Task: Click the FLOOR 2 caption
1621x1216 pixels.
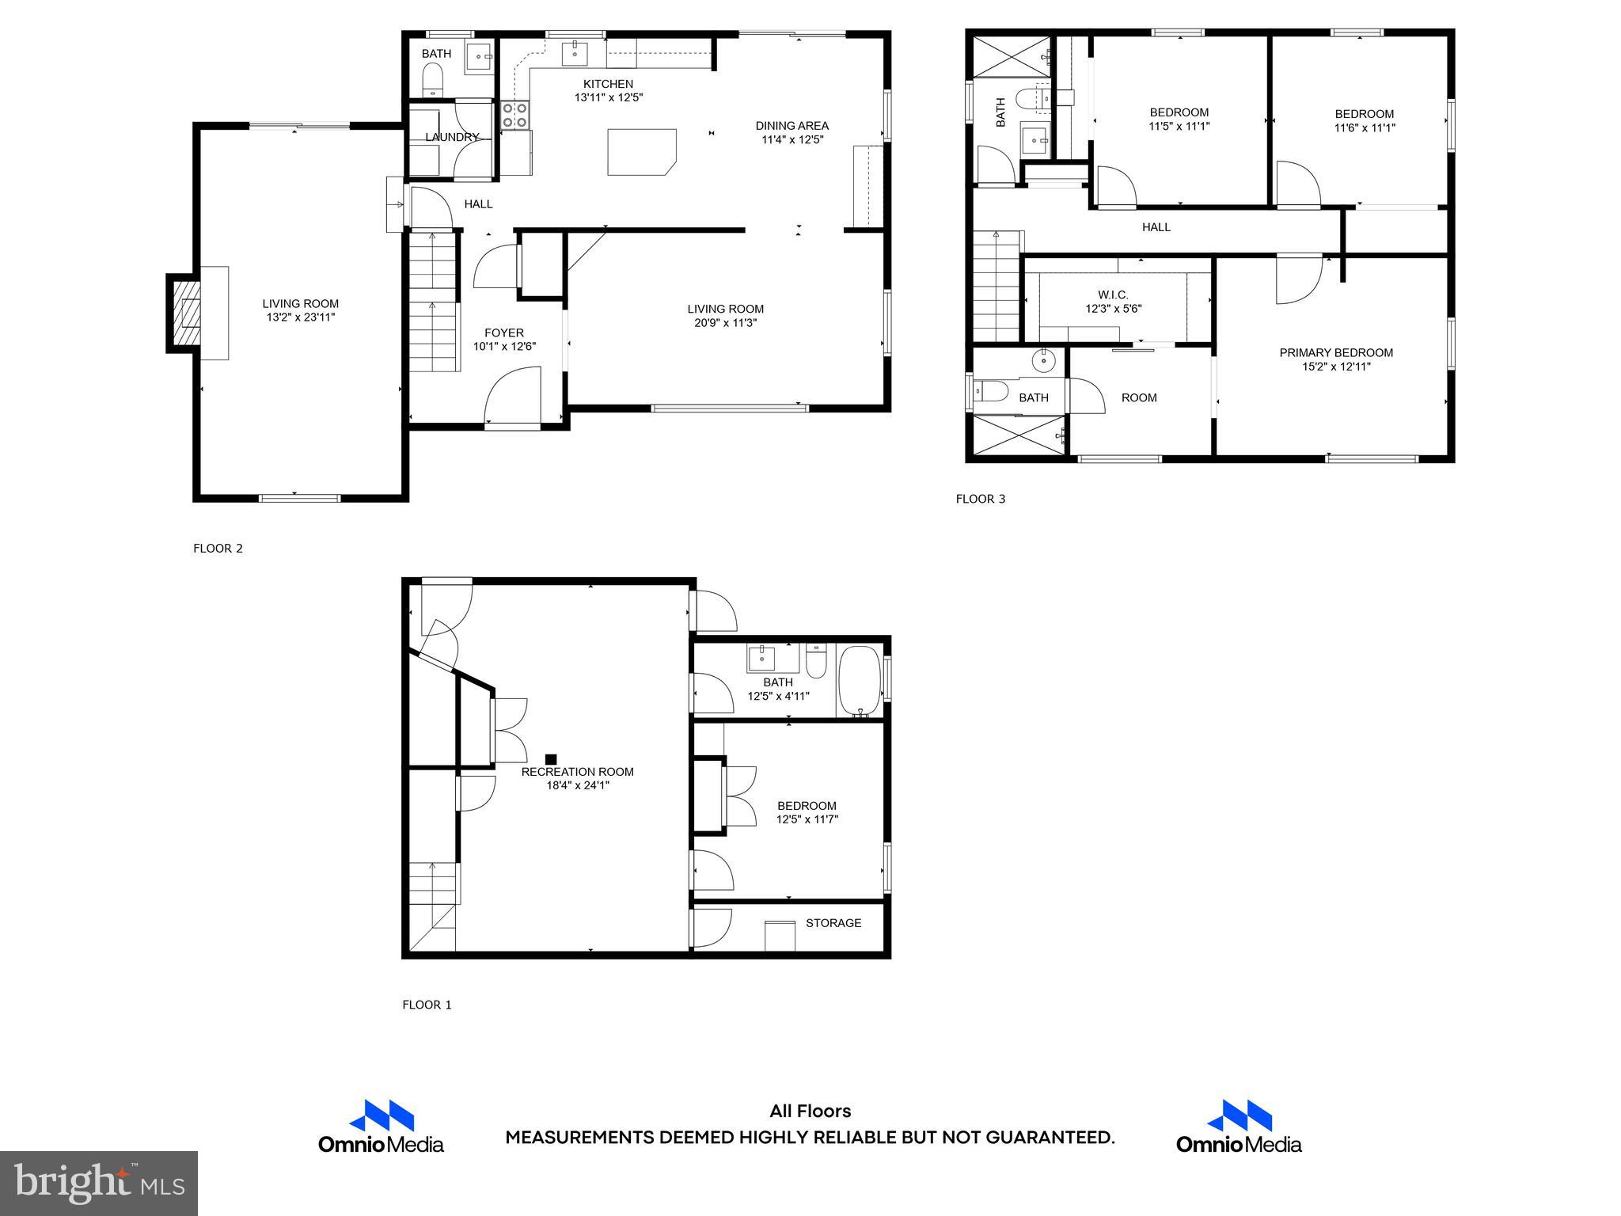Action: pyautogui.click(x=218, y=548)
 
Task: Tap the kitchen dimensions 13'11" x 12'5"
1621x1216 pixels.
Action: pyautogui.click(x=608, y=97)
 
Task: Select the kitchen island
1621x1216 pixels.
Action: pyautogui.click(x=641, y=151)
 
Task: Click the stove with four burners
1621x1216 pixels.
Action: pyautogui.click(x=514, y=115)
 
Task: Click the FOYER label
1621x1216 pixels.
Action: pyautogui.click(x=504, y=332)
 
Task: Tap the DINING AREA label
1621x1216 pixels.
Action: pyautogui.click(x=792, y=125)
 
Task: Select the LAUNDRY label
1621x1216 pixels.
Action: pyautogui.click(x=452, y=137)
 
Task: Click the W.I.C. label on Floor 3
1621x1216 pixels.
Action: pyautogui.click(x=1113, y=294)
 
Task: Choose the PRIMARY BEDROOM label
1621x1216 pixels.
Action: pyautogui.click(x=1336, y=352)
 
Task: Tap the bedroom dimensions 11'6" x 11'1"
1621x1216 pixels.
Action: pyautogui.click(x=1364, y=127)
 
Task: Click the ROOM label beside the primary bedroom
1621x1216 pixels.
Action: pyautogui.click(x=1139, y=397)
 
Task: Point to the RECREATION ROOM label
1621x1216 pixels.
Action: pyautogui.click(x=577, y=771)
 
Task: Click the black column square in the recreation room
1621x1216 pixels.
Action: pyautogui.click(x=551, y=759)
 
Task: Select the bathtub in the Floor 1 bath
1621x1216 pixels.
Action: pyautogui.click(x=860, y=682)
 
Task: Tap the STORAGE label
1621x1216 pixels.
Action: pyautogui.click(x=833, y=922)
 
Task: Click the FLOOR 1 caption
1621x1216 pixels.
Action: pyautogui.click(x=427, y=1005)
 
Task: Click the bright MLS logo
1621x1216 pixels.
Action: pyautogui.click(x=99, y=1183)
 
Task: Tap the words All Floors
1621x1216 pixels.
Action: pyautogui.click(x=810, y=1111)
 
